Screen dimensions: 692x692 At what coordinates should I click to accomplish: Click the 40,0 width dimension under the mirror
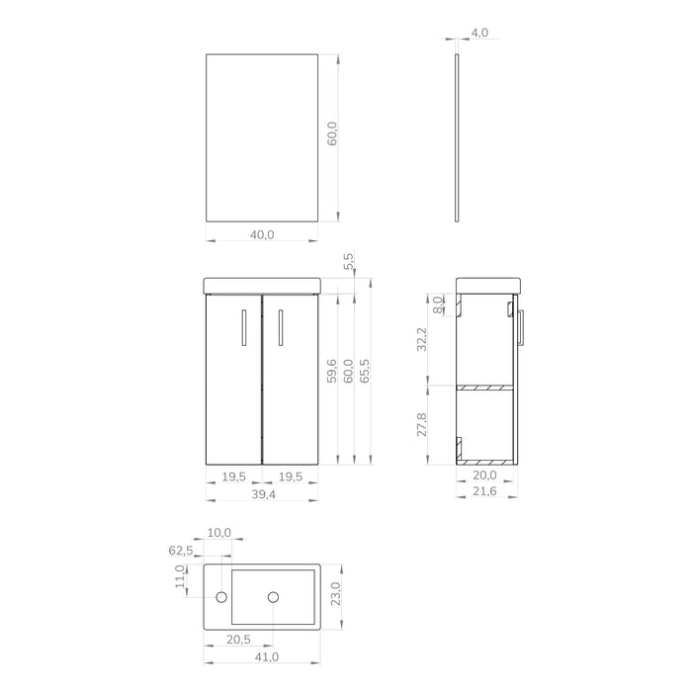point(262,234)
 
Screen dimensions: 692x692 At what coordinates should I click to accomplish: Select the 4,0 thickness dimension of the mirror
point(478,33)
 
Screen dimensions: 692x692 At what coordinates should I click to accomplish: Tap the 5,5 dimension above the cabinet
point(348,261)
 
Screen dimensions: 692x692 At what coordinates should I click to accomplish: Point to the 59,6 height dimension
point(332,371)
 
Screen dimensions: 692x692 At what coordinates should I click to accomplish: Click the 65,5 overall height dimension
point(366,371)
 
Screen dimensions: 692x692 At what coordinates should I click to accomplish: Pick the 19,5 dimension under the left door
point(233,476)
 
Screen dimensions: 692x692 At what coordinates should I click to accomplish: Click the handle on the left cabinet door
point(243,327)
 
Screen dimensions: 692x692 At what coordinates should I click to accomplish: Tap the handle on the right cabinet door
point(281,327)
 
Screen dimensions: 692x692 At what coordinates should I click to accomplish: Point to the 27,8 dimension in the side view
point(421,425)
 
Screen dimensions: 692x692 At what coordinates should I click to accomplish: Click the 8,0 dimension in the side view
point(439,304)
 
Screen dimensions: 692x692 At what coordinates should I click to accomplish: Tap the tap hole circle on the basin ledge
point(222,596)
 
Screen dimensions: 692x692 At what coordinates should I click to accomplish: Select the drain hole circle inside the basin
point(273,596)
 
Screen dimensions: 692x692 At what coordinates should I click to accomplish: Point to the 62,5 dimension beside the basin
point(180,550)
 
